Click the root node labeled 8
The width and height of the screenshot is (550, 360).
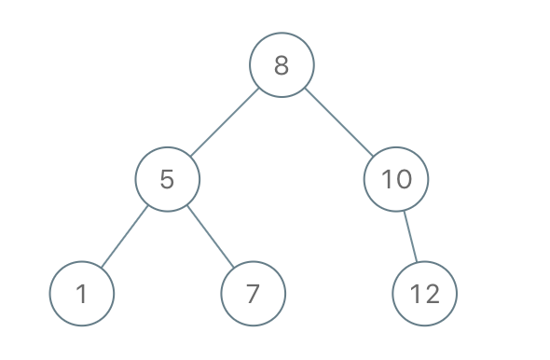click(x=282, y=65)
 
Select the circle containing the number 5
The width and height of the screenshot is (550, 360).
click(x=168, y=179)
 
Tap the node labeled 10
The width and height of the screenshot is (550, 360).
click(x=396, y=179)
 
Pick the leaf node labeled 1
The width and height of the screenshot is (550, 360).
click(x=82, y=294)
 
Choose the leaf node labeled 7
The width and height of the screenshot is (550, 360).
click(x=253, y=294)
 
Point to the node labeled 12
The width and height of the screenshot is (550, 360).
click(x=425, y=294)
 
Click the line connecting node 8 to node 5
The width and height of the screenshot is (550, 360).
click(x=225, y=122)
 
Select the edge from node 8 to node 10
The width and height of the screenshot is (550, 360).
click(x=338, y=122)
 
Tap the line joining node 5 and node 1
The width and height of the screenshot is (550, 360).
click(x=125, y=237)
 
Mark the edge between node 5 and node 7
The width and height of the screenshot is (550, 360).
click(x=210, y=237)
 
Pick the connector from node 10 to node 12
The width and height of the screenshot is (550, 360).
click(x=411, y=237)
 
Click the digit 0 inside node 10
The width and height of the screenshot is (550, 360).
click(x=404, y=179)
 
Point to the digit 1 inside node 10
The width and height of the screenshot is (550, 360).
click(x=387, y=179)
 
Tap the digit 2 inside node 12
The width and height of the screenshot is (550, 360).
click(x=432, y=294)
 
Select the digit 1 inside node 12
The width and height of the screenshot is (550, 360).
click(x=416, y=294)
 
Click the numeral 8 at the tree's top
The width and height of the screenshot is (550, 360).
click(x=282, y=65)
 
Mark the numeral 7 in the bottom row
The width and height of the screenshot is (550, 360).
click(x=253, y=294)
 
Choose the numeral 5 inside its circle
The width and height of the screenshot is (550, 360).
click(x=168, y=179)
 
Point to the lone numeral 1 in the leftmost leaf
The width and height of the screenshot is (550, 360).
click(x=82, y=294)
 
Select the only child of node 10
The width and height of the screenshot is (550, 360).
click(x=425, y=294)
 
